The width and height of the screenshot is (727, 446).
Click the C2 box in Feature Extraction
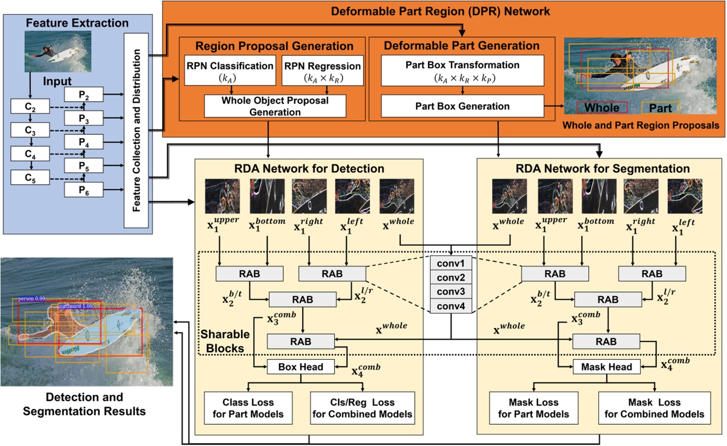30,107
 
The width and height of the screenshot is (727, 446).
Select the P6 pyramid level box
84,190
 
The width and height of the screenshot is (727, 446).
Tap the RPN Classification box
230,72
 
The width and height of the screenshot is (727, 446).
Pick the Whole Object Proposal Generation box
275,106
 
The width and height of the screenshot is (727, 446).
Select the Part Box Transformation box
462,71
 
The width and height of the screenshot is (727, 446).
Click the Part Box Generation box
462,106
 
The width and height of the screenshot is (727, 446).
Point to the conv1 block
450,263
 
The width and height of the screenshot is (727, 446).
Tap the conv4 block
450,306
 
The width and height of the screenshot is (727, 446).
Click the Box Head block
300,367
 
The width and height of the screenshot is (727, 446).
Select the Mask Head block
606,367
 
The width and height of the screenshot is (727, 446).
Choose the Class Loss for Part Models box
248,408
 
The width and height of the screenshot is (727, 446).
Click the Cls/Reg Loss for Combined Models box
362,408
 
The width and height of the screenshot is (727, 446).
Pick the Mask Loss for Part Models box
533,408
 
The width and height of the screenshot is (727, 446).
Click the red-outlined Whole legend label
602,108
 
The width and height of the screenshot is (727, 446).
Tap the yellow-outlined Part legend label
660,108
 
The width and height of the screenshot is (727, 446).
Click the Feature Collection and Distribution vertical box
136,130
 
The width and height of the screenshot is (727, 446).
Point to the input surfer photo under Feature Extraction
58,51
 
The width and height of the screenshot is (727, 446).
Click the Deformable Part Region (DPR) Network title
440,11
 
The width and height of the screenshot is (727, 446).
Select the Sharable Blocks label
225,341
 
